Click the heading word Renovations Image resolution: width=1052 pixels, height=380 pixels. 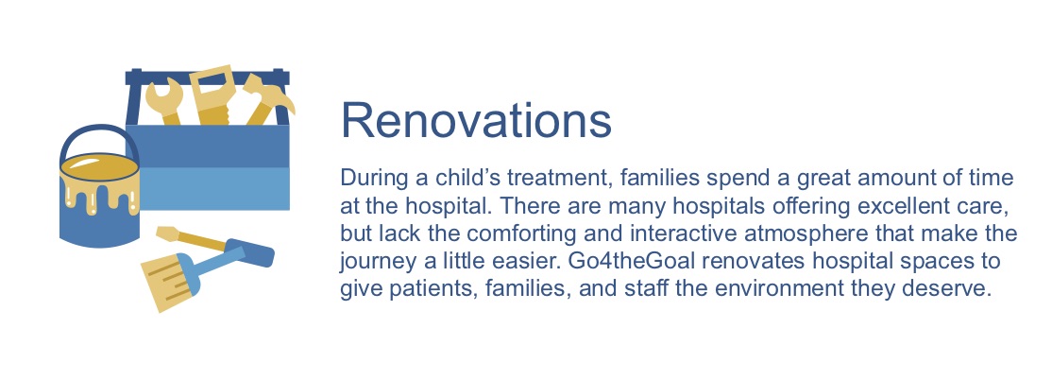475,121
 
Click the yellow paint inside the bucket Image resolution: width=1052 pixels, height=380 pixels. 98,171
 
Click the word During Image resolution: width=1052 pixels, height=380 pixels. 375,178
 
